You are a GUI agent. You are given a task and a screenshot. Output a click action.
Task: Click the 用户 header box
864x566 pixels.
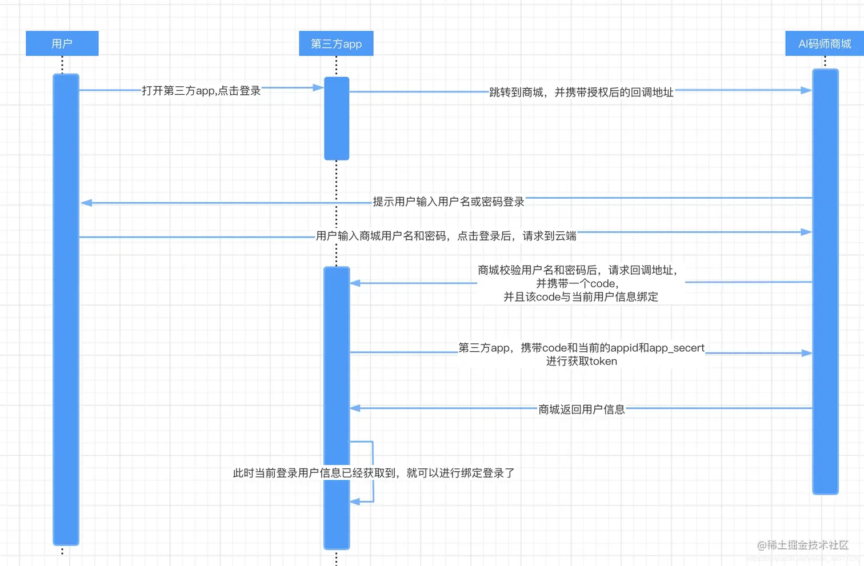tap(62, 43)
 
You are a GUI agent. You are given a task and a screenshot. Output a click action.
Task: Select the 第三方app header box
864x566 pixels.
tap(336, 43)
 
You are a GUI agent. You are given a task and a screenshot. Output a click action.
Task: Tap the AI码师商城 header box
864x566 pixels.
tap(824, 43)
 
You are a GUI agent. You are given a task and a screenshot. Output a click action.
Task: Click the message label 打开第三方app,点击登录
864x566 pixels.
tap(201, 91)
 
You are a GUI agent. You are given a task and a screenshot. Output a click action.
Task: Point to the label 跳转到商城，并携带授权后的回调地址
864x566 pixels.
tap(581, 93)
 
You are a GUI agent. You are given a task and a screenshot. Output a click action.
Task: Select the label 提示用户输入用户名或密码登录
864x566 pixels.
tap(449, 202)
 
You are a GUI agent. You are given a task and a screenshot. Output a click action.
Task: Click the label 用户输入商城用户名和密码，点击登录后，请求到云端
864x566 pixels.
tap(446, 236)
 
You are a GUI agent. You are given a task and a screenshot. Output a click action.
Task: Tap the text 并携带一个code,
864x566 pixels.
tap(577, 283)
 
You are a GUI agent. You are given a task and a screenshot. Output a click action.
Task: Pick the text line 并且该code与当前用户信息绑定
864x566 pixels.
tap(581, 297)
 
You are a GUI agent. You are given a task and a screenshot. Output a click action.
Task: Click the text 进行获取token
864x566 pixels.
tap(581, 362)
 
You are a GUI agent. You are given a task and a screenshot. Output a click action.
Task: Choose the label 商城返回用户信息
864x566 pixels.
tap(581, 410)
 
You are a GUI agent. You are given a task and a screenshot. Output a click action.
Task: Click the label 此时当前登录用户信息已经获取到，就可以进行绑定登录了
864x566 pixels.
tap(374, 473)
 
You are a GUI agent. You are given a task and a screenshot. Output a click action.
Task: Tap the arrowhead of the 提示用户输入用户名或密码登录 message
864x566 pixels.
tap(86, 203)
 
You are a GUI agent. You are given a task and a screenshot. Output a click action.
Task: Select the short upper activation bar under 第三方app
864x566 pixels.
tap(337, 118)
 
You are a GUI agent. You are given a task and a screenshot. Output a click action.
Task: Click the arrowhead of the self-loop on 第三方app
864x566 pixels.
tap(355, 501)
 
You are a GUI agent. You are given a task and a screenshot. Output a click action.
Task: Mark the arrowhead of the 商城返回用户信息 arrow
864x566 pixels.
tap(355, 408)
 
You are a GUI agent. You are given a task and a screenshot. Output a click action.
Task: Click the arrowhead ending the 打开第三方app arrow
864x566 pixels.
tap(318, 87)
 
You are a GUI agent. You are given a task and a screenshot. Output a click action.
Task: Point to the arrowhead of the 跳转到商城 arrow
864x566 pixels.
tap(806, 90)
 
